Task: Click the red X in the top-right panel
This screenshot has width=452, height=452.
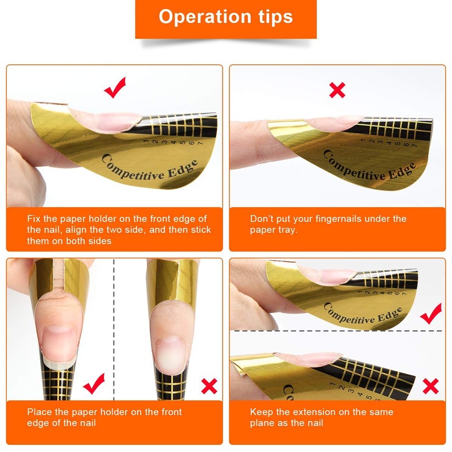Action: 337,90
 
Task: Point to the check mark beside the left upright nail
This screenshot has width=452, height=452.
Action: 93,384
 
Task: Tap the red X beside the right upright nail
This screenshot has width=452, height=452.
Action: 209,386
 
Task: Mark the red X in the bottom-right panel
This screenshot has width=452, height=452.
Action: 431,386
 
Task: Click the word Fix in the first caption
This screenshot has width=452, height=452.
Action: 34,219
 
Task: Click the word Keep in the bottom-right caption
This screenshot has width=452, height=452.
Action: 260,412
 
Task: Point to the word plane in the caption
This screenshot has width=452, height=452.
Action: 262,423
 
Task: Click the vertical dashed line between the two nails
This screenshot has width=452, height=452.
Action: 114,328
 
